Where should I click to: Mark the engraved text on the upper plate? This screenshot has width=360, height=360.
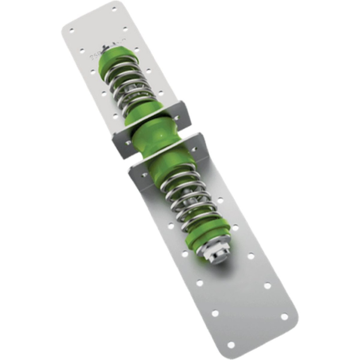pos(95,56)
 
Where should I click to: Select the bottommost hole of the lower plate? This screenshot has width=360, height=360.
pos(231,345)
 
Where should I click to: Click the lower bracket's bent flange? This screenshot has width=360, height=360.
pos(200,148)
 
